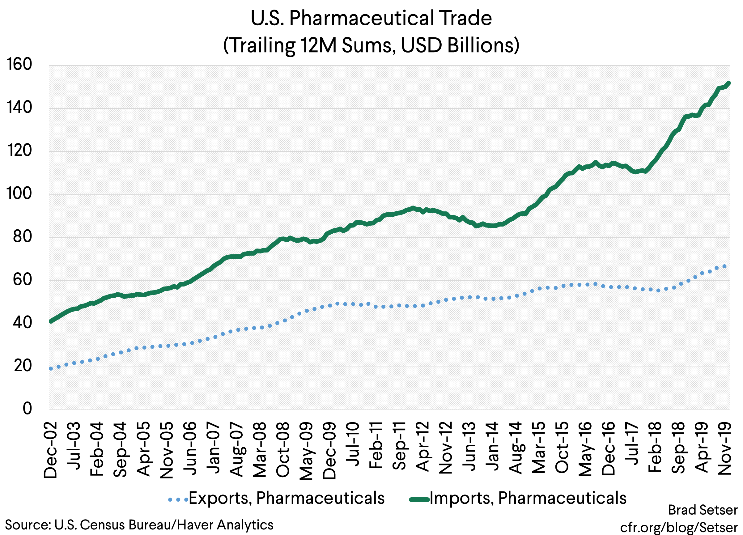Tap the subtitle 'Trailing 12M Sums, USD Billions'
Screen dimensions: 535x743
(371, 45)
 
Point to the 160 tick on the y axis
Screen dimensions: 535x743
(19, 65)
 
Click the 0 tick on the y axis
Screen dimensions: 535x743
(27, 409)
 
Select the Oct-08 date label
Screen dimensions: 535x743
(283, 449)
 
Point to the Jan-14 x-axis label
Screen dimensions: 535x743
(492, 446)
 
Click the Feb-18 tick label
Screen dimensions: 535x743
(655, 447)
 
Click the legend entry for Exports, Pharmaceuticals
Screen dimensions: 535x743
(286, 498)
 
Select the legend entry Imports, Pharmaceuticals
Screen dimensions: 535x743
(528, 498)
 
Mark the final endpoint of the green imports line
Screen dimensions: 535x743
(728, 83)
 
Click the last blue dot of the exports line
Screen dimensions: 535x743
(724, 266)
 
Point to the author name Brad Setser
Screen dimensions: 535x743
(703, 510)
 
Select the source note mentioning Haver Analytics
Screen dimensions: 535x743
(139, 525)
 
